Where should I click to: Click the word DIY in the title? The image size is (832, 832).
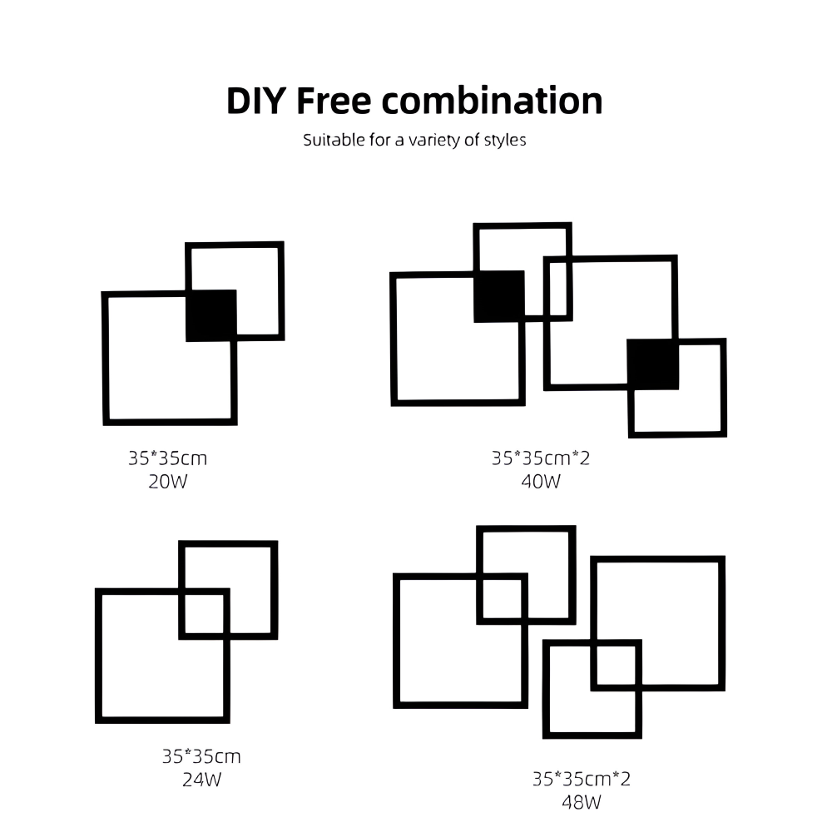tap(256, 101)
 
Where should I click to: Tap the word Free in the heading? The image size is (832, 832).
tap(334, 101)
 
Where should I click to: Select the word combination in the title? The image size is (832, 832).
tap(492, 101)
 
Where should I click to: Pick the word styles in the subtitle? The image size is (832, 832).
tap(505, 141)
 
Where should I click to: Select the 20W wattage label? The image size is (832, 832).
tap(168, 482)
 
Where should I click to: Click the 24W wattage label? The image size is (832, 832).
tap(201, 780)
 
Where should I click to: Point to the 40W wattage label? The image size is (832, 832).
tap(541, 482)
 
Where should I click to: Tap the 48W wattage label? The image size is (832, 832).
tap(582, 802)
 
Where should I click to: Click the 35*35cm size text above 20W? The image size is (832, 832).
tap(168, 458)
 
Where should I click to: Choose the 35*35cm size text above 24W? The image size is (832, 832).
tap(201, 756)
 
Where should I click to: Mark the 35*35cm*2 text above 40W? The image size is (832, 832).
tap(541, 458)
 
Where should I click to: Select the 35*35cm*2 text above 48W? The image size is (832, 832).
tap(582, 779)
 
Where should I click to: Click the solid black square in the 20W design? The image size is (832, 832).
tap(211, 315)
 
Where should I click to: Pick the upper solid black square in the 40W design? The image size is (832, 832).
tap(499, 297)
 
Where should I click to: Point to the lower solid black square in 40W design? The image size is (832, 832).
tap(653, 364)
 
